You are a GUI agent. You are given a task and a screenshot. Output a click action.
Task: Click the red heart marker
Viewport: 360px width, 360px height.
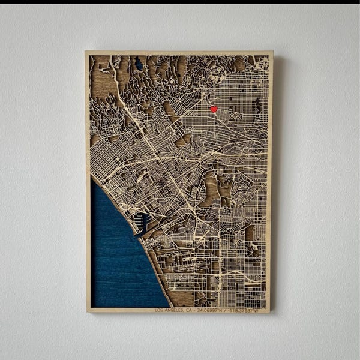pyautogui.click(x=214, y=109)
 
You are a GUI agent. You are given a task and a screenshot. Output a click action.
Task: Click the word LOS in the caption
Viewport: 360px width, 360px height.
pyautogui.click(x=159, y=310)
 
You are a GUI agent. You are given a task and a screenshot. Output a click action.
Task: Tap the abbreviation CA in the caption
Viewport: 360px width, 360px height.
pyautogui.click(x=188, y=310)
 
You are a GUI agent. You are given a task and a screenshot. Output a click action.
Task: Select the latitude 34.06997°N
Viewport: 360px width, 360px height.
pyautogui.click(x=209, y=310)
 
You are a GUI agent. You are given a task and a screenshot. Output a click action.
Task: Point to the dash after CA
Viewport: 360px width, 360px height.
pyautogui.click(x=194, y=310)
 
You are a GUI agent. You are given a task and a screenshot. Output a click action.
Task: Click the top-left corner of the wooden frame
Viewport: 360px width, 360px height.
pyautogui.click(x=86, y=52)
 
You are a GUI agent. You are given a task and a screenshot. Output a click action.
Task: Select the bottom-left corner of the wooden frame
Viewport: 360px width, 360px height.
pyautogui.click(x=88, y=311)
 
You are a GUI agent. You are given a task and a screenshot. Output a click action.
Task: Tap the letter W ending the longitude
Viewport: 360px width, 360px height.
pyautogui.click(x=257, y=310)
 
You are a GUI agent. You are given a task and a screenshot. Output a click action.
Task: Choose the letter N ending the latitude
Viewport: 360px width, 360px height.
pyautogui.click(x=221, y=310)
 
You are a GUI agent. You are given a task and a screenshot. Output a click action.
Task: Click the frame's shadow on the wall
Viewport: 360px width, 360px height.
pyautogui.click(x=277, y=180)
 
